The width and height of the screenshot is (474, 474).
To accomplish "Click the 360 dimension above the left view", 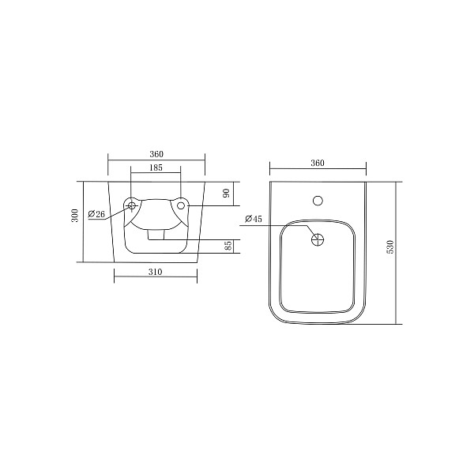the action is pos(156,154).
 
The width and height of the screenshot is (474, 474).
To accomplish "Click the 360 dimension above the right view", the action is pos(318,163).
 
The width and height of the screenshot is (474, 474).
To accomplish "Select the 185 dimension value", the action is pos(156,167).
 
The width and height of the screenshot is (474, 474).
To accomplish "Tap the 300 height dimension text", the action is pos(75,215).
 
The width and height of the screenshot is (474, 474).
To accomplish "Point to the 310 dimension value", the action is pos(156,272).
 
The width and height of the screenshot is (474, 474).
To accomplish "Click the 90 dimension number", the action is pos(227,193).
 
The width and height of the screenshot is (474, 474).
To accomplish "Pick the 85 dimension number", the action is pos(229,245).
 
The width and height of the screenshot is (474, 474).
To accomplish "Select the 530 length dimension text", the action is pos(390,246).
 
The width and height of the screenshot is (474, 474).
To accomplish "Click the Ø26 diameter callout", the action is pos(96,214).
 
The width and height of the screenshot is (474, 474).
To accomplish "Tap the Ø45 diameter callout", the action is pos(254,219).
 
